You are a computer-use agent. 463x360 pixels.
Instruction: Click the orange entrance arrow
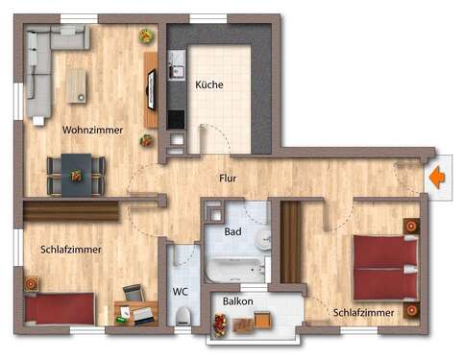click(436, 178)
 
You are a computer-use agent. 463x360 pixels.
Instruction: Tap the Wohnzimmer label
click(92, 130)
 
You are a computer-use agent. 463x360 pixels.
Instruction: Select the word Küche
click(208, 84)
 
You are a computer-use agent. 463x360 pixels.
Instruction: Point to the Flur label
click(228, 178)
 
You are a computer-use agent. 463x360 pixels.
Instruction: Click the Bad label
click(232, 231)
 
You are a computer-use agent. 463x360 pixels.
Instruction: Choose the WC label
click(180, 291)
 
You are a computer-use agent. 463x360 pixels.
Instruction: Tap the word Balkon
click(237, 300)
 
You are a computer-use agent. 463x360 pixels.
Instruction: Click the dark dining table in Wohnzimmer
click(76, 174)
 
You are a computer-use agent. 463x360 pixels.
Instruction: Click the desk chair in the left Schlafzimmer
click(133, 293)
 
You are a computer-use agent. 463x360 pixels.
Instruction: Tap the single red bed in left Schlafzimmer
click(60, 309)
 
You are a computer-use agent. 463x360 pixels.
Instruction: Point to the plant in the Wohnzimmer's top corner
click(146, 36)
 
